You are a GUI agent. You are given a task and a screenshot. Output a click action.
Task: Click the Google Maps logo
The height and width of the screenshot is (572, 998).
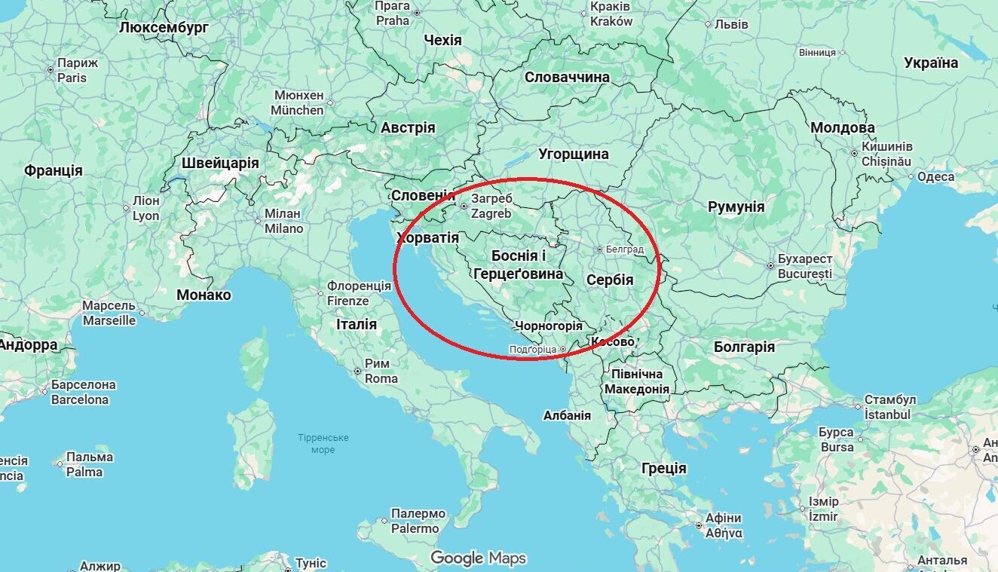click(478, 558)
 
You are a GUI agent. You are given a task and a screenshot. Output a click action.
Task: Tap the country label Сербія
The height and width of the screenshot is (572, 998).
click(610, 280)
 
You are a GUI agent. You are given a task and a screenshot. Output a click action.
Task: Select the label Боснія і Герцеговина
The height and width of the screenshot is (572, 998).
click(519, 265)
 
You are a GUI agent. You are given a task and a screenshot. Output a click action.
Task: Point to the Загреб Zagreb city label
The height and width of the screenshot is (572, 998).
click(491, 206)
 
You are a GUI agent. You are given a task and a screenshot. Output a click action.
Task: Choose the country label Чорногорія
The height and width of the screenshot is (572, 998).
click(548, 326)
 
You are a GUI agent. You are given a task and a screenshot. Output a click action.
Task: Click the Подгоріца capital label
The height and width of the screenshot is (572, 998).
click(533, 349)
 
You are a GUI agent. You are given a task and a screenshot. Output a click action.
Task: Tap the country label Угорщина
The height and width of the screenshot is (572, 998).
click(573, 154)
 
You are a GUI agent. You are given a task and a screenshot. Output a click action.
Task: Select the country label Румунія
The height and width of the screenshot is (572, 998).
click(736, 206)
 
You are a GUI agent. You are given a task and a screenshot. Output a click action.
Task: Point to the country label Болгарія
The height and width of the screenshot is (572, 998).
click(744, 347)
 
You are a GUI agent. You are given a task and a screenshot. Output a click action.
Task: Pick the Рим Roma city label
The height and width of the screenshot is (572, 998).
click(381, 371)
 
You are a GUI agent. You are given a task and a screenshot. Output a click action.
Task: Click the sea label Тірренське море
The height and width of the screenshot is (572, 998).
click(323, 444)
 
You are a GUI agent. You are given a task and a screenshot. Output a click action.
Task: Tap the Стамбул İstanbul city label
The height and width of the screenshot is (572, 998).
click(889, 407)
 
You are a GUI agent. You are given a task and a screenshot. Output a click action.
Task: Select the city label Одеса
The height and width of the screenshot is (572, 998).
click(935, 177)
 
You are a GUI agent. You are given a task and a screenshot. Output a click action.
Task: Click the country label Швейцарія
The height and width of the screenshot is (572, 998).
click(220, 163)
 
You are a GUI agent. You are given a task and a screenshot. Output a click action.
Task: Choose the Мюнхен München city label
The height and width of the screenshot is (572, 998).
click(298, 103)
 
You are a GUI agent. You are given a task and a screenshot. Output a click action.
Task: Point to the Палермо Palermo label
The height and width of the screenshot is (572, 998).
click(418, 522)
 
